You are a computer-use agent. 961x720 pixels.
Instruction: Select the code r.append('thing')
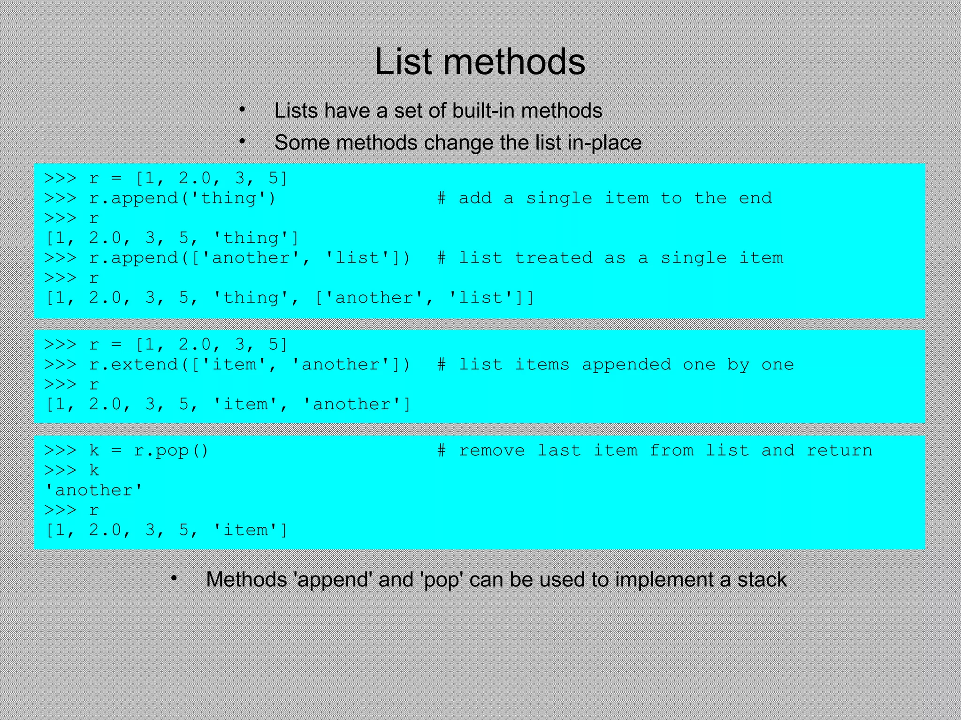183,198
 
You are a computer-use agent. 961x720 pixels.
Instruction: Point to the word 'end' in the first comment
755,198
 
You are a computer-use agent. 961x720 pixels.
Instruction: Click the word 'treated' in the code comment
554,258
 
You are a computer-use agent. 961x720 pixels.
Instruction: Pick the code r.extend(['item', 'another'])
250,365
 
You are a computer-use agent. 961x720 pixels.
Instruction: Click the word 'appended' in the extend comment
626,365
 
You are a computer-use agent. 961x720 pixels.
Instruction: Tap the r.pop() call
171,450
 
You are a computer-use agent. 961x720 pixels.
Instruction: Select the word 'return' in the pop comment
839,450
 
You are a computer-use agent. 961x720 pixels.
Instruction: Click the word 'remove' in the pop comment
492,450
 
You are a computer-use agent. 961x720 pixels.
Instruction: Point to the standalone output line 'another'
94,490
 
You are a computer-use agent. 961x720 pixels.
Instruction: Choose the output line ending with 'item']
167,530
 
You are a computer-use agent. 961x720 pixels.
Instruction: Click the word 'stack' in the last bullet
762,580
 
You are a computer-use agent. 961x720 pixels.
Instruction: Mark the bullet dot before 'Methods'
174,579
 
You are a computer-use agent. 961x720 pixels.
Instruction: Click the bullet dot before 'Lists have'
242,110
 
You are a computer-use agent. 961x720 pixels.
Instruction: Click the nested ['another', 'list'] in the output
424,298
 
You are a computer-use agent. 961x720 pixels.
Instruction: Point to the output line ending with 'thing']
172,238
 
